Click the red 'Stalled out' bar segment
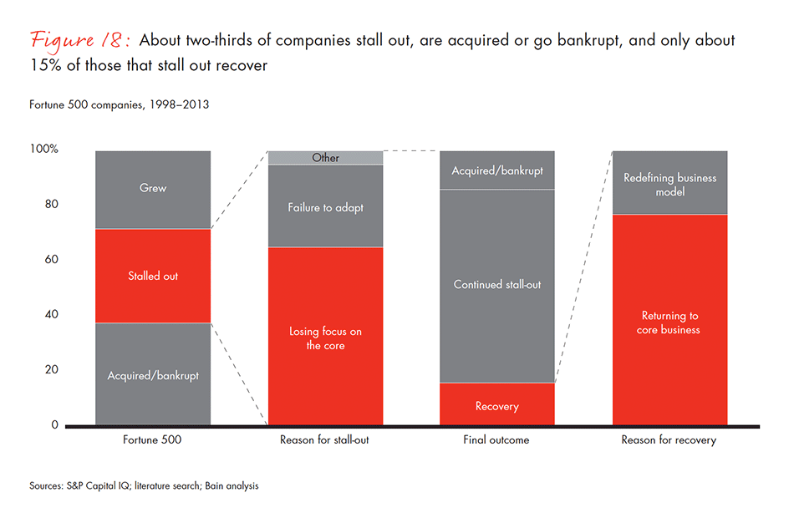point(153,276)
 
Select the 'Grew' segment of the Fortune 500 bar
point(153,189)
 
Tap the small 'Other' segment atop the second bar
point(325,158)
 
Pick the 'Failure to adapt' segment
point(325,207)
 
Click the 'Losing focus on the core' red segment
point(325,337)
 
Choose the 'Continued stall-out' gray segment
point(497,285)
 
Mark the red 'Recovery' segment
point(497,405)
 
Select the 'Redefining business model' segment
point(669,184)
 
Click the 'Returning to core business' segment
point(669,322)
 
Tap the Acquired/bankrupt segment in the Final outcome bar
point(497,170)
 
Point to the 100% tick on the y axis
point(43,150)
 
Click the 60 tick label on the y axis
point(51,260)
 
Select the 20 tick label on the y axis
point(51,370)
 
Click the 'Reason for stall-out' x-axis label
point(325,440)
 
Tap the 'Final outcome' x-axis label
point(497,440)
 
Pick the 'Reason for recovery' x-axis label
point(669,440)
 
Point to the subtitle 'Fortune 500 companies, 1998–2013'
point(119,106)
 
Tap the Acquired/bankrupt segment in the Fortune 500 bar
point(153,375)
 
